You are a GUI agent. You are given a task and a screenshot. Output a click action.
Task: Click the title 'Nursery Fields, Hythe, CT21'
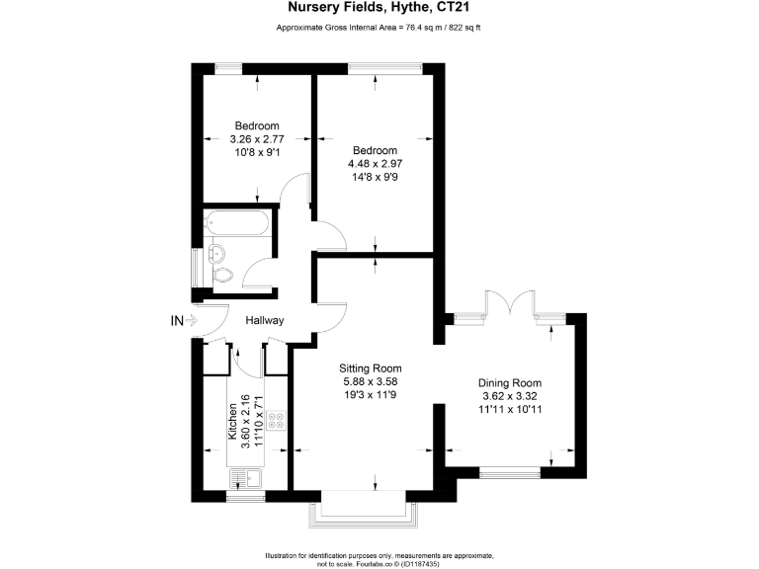[x=379, y=9]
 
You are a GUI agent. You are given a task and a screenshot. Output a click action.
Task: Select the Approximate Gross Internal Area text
[x=379, y=28]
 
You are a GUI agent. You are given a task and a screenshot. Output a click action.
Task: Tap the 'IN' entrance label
[x=177, y=320]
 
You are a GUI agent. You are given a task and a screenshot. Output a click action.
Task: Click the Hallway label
[x=265, y=320]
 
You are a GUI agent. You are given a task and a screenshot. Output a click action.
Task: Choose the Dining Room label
[x=510, y=383]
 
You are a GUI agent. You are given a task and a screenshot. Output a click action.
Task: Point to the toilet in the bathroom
[x=221, y=275]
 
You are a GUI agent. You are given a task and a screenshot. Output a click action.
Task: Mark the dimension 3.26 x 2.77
[x=256, y=139]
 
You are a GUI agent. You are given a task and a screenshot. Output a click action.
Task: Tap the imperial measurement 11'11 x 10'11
[x=510, y=409]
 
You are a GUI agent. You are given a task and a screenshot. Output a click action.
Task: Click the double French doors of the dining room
[x=510, y=302]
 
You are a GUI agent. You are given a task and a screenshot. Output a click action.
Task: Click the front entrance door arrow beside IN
[x=195, y=320]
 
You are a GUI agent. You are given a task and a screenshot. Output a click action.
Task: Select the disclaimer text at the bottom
[x=379, y=559]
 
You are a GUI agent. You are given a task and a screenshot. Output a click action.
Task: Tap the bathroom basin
[x=212, y=251]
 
